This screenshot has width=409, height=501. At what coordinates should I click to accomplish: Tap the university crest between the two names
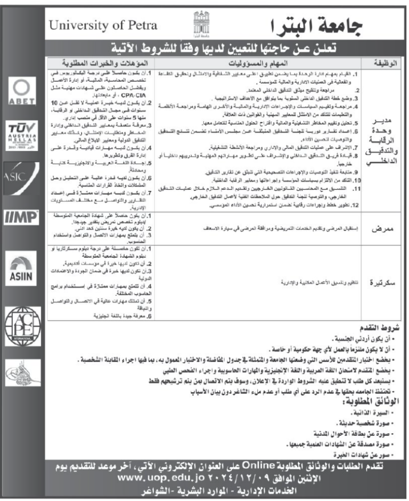pos(200,22)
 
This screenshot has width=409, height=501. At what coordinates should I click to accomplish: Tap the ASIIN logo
pos(21,270)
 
